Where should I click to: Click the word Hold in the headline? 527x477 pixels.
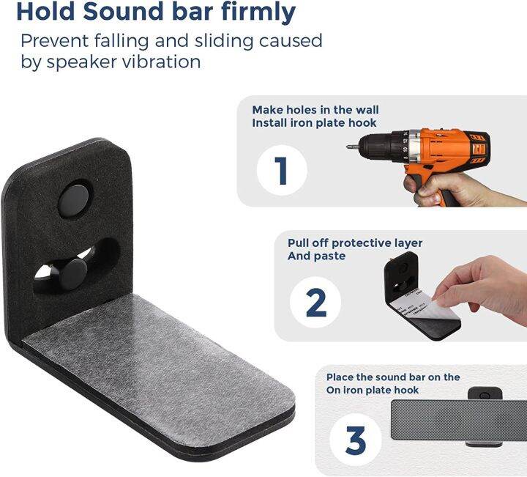pyautogui.click(x=45, y=12)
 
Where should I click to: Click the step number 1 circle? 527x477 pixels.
pyautogui.click(x=281, y=169)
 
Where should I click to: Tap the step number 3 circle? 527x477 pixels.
pyautogui.click(x=355, y=440)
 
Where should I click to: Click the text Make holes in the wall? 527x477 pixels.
pyautogui.click(x=315, y=110)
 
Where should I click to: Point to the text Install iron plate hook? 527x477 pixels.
pyautogui.click(x=315, y=122)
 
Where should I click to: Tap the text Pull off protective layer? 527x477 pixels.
pyautogui.click(x=354, y=243)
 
